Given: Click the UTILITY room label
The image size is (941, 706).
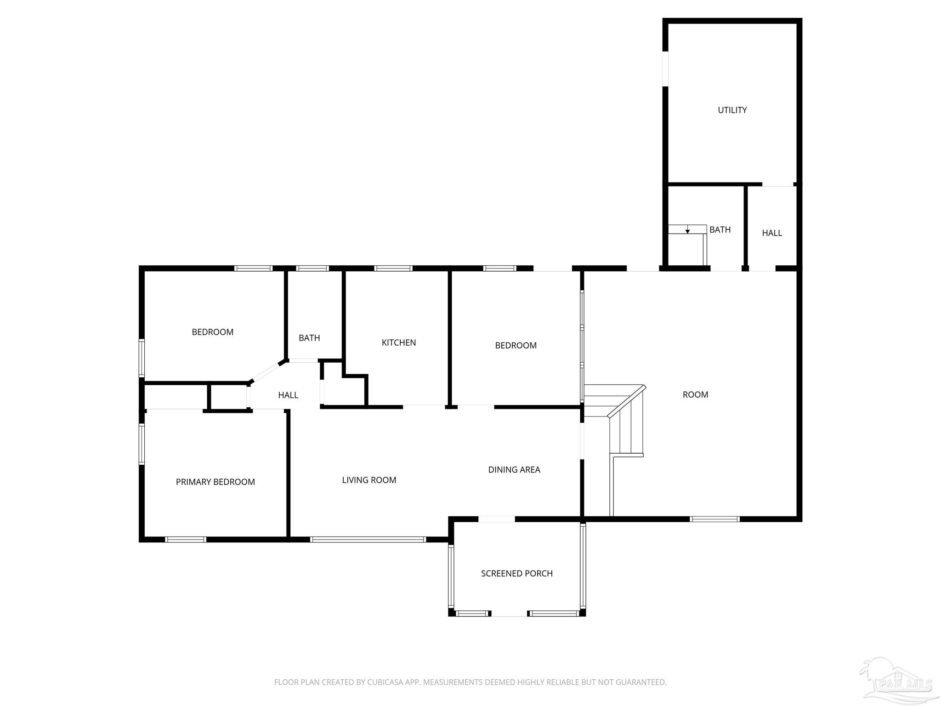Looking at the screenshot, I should coord(732,110).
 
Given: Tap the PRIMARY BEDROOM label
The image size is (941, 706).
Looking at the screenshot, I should coord(215,482).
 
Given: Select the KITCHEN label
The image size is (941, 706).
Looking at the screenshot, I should coord(398,342).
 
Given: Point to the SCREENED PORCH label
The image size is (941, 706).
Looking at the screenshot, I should coord(516,573).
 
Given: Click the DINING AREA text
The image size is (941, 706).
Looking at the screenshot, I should coord(514,469).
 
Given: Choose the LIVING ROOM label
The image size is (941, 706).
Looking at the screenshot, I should coord(369,480).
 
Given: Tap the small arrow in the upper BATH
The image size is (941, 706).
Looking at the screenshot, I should coord(687,230).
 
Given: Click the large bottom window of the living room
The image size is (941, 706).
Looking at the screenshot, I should coord(368,540).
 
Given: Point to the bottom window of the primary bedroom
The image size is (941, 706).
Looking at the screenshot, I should coord(186,540).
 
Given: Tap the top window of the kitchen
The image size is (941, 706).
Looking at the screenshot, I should coord(393,268).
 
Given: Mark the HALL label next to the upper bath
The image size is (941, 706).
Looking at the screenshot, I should coord(771,233).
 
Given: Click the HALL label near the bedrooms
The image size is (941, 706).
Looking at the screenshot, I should coord(288,395).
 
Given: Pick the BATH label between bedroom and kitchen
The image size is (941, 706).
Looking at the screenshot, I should coord(309,338).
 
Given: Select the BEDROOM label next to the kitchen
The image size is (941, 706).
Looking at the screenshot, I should coord(516,345).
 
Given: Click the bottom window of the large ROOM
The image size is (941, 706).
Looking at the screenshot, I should coord(714,519).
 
